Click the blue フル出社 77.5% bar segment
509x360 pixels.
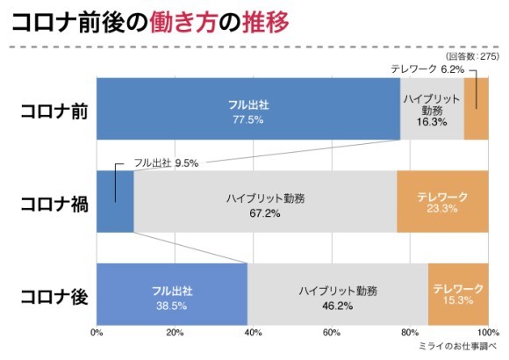tap(247, 110)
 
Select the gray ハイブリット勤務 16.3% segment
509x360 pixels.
tap(432, 110)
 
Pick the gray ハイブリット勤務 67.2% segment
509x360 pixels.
tap(265, 202)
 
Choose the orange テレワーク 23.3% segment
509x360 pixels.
tap(442, 202)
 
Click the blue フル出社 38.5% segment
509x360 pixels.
tap(171, 294)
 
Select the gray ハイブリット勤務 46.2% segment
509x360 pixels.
tap(337, 294)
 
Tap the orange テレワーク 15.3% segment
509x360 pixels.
tap(458, 294)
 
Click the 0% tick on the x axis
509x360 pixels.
tap(97, 333)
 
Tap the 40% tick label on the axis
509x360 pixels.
tap(253, 333)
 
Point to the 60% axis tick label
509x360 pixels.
tap(331, 333)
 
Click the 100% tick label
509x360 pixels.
tap(485, 333)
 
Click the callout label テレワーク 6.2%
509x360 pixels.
tap(427, 68)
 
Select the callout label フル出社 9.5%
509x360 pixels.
tap(166, 162)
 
